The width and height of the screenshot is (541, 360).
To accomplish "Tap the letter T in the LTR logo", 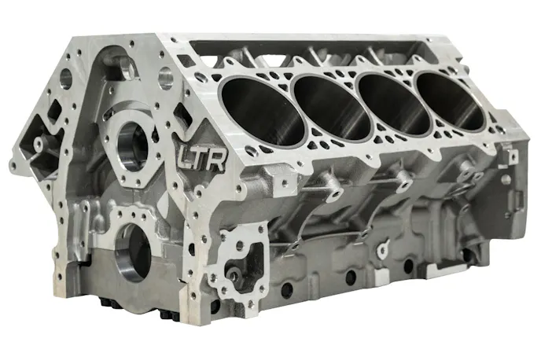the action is pyautogui.click(x=200, y=158).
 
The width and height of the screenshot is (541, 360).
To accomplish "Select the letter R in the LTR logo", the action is pyautogui.click(x=217, y=160).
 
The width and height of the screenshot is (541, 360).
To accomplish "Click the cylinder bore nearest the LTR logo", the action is pyautogui.click(x=263, y=110).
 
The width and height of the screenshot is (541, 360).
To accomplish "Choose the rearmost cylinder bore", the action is pyautogui.click(x=451, y=101).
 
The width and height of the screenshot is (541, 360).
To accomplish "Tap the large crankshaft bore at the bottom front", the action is pyautogui.click(x=133, y=252).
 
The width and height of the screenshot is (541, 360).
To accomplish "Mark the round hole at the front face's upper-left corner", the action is pyautogui.click(x=65, y=79).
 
